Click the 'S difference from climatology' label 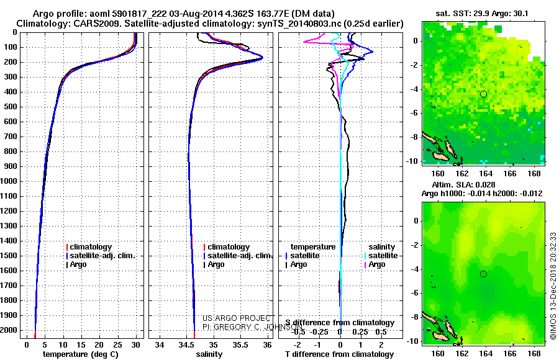pyautogui.click(x=340, y=323)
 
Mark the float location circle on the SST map pyautogui.click(x=483, y=94)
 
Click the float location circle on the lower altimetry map pyautogui.click(x=483, y=274)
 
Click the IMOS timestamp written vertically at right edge pyautogui.click(x=552, y=274)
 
